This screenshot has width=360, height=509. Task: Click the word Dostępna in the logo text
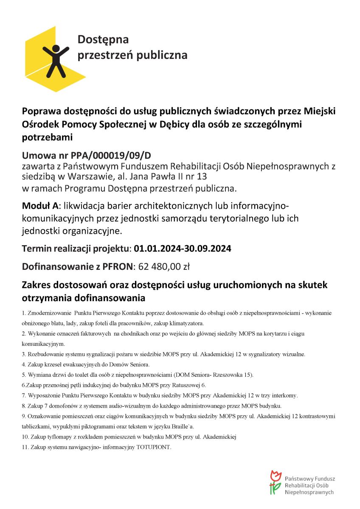pyautogui.click(x=103, y=40)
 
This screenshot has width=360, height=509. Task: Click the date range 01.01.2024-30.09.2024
pyautogui.click(x=183, y=249)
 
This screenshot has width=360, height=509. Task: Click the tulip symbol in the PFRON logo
pyautogui.click(x=276, y=482)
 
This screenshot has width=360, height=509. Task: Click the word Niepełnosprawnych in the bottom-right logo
pyautogui.click(x=309, y=492)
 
